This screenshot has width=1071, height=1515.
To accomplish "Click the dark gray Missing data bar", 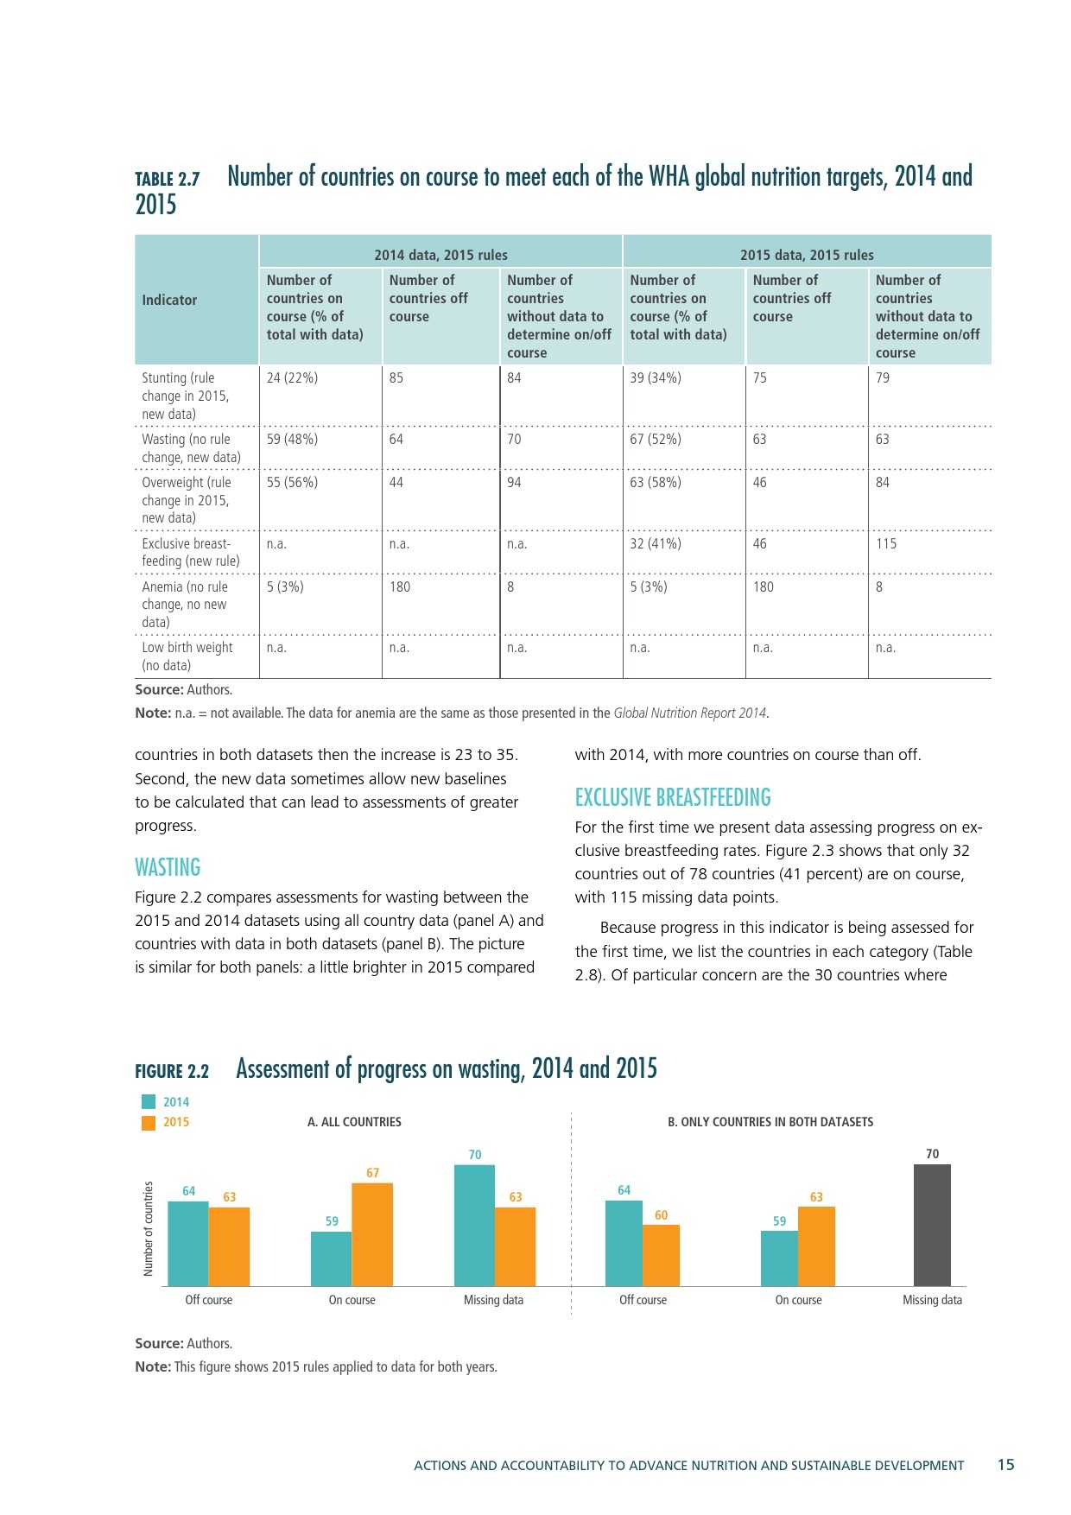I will [x=932, y=1225].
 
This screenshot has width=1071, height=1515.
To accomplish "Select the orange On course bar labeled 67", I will [x=372, y=1234].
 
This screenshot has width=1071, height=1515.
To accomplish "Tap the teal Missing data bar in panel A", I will [x=474, y=1225].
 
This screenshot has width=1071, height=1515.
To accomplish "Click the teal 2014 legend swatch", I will [x=149, y=1102].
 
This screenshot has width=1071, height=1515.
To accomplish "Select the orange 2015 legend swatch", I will [x=149, y=1122].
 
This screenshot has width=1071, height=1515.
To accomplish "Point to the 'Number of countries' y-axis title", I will [x=148, y=1228].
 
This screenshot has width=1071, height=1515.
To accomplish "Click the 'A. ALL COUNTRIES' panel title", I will [x=354, y=1122].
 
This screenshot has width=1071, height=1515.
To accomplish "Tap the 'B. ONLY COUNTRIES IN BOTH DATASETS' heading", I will [x=770, y=1122].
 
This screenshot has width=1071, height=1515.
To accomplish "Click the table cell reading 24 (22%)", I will [x=292, y=377].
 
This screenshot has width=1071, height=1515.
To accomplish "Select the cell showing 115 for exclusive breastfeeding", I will [x=886, y=543].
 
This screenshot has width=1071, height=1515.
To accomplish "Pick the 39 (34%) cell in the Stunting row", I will [x=656, y=377].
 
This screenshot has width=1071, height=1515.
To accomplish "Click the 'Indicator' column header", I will [x=169, y=300].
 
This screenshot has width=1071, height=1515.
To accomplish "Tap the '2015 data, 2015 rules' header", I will [x=807, y=255].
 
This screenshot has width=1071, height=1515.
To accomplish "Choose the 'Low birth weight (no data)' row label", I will [x=187, y=656].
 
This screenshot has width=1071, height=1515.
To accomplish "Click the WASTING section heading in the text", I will [x=168, y=867].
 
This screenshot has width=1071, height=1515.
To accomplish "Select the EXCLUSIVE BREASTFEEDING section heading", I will [x=673, y=797].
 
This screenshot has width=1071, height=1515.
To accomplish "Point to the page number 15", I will [x=1006, y=1465].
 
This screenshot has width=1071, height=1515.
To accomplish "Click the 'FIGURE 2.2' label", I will [x=172, y=1071].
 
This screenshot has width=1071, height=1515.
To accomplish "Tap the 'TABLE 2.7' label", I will [x=168, y=179].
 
